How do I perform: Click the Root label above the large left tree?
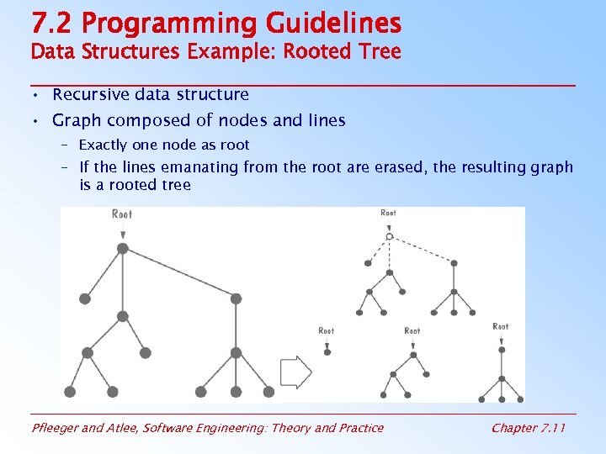click(122, 214)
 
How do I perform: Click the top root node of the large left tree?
click(122, 248)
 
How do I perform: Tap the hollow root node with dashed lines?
click(389, 237)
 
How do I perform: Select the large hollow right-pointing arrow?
click(295, 371)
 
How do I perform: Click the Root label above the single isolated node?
click(327, 331)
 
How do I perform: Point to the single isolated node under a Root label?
click(327, 351)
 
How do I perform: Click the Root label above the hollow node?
click(388, 214)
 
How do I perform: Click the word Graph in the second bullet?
click(76, 120)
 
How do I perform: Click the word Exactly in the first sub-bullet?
click(104, 145)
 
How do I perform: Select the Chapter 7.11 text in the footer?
click(528, 428)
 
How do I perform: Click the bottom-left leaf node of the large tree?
click(70, 392)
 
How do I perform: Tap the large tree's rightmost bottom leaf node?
click(268, 392)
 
